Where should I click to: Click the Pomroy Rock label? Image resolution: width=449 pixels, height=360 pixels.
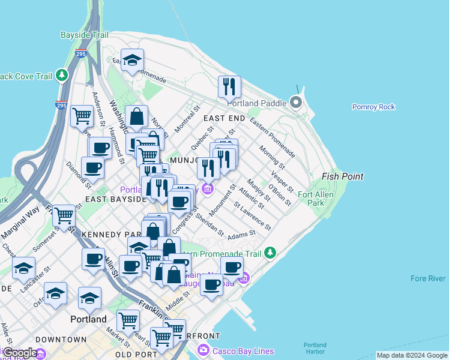(x=373, y=107)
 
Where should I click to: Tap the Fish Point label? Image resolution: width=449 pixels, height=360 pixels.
(x=342, y=176)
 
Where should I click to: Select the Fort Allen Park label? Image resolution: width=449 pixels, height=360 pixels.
(x=311, y=199)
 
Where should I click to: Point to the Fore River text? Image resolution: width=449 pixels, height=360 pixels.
(x=428, y=278)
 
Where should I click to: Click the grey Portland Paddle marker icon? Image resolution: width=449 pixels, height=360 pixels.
(x=296, y=102)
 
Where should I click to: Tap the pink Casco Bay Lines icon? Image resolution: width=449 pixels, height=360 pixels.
(x=203, y=350)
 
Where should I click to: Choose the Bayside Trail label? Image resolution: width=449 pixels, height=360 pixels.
(x=85, y=35)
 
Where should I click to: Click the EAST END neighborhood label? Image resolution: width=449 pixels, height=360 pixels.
(x=224, y=118)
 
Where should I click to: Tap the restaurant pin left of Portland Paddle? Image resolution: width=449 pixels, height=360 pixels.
(x=229, y=86)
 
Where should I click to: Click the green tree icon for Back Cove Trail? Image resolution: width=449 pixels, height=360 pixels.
(x=61, y=75)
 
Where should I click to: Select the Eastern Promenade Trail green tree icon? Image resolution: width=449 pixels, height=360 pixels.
(x=270, y=253)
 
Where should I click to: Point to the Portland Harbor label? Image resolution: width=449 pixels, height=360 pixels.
(x=315, y=349)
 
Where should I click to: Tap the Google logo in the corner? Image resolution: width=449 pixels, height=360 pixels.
(x=20, y=353)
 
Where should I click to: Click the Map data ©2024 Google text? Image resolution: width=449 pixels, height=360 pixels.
(x=411, y=355)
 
